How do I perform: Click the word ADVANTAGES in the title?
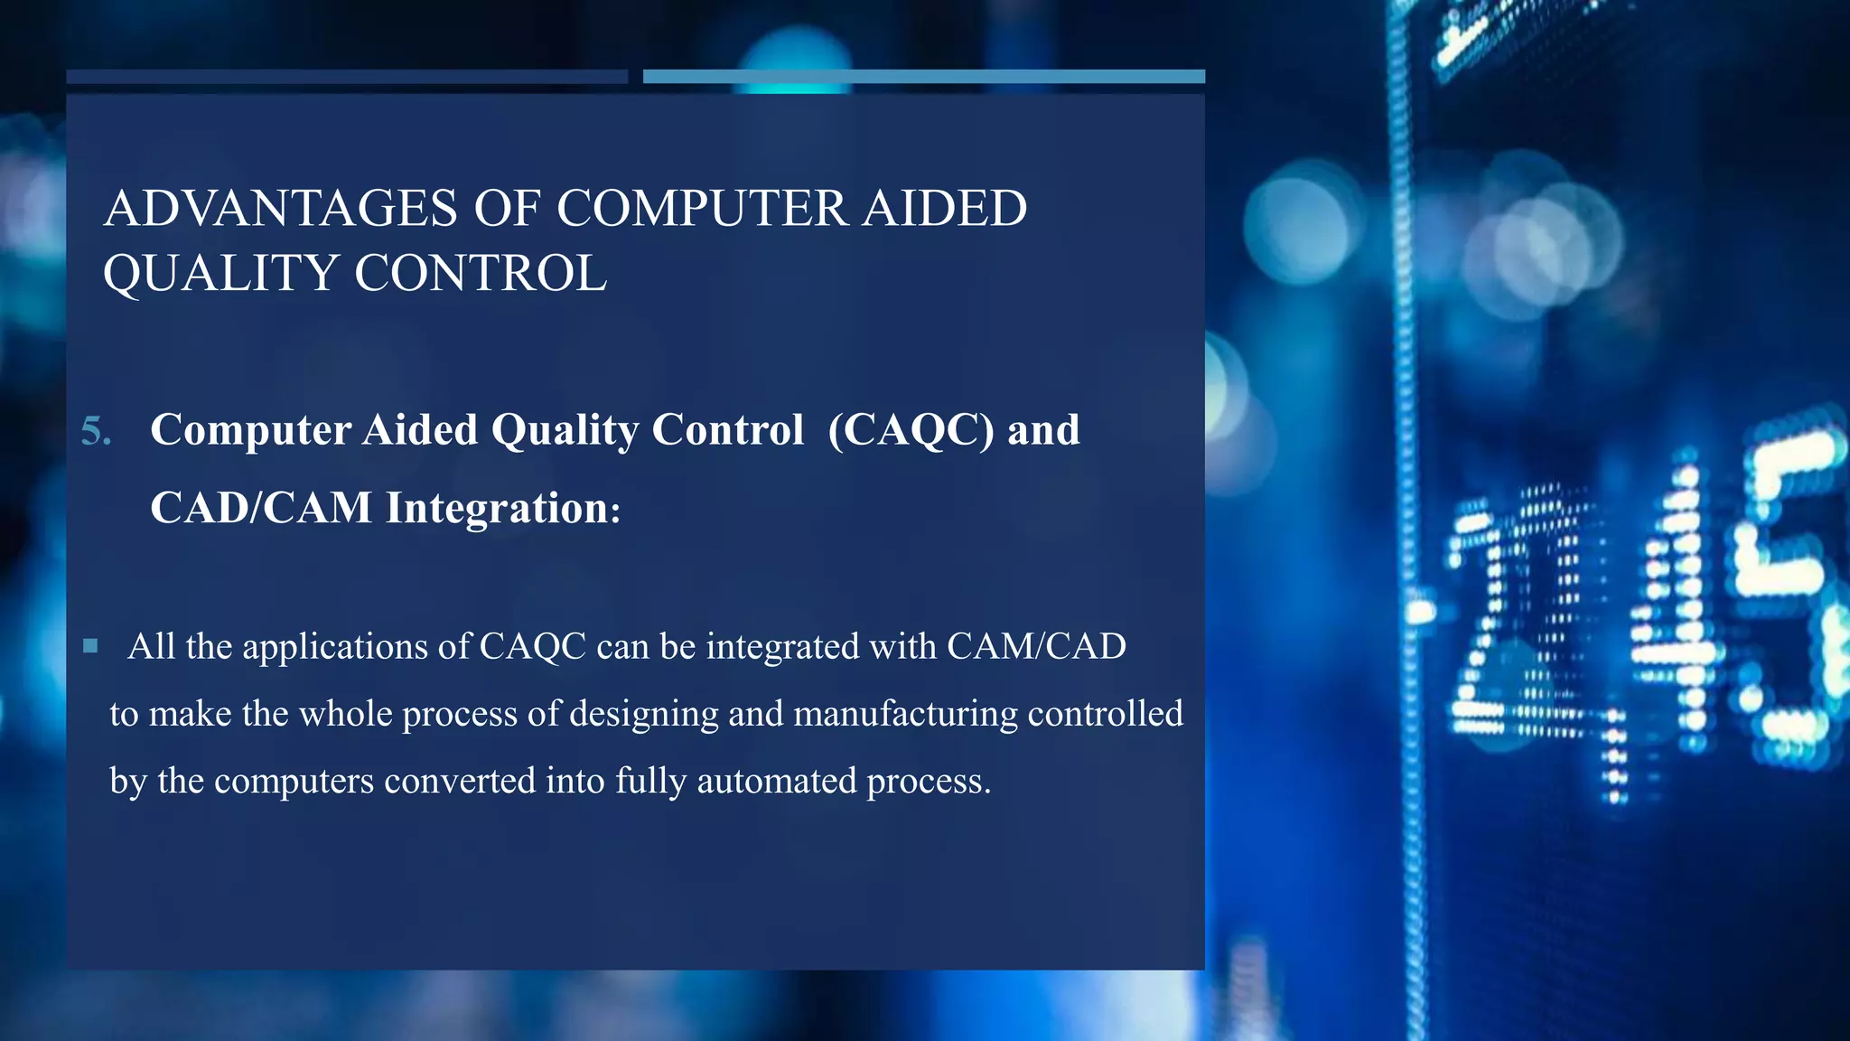coord(281,208)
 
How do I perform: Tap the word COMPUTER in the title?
coord(702,208)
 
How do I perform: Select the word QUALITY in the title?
coord(220,273)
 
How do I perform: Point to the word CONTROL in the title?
coord(480,273)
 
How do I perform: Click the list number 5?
coord(96,431)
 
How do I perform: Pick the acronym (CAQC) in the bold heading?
coord(911,430)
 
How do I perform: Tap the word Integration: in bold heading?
coord(503,508)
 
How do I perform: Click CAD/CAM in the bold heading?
coord(261,508)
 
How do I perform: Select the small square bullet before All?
coord(90,646)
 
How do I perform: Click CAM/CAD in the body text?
coord(1036,647)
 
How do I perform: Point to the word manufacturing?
coord(905,714)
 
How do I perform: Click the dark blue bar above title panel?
coord(347,77)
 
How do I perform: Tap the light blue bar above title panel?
coord(923,77)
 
